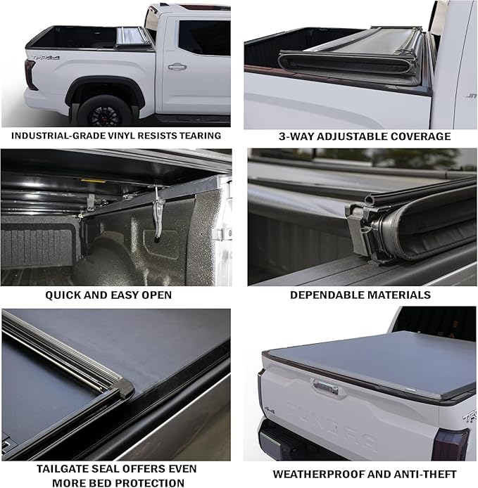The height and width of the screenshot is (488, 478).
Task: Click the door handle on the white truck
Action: (x=177, y=66)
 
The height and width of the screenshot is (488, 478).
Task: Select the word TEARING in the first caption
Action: (x=199, y=136)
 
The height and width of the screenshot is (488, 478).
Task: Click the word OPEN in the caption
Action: (x=156, y=295)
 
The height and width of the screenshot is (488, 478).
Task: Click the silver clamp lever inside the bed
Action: (x=160, y=210)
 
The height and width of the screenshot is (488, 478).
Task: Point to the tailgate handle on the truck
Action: (x=325, y=386)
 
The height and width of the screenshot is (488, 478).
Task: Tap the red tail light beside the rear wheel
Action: (x=30, y=75)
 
